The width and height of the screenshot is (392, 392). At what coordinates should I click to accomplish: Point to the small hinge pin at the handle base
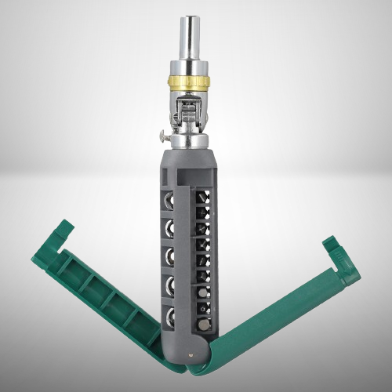point(194,354)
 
